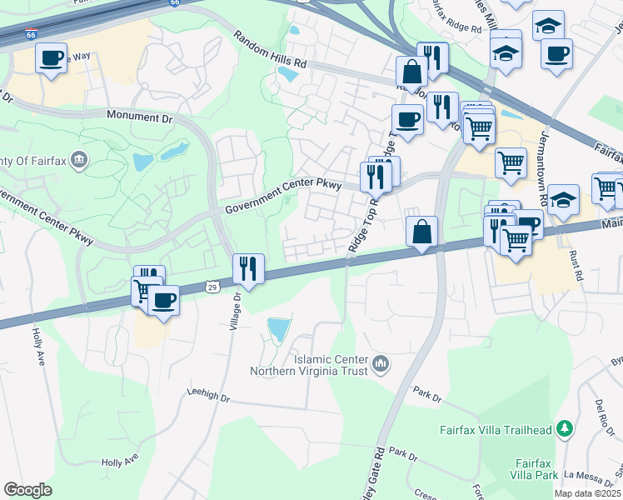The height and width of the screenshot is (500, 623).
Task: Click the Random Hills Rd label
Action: point(271,51)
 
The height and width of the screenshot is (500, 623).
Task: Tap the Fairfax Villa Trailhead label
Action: point(496,430)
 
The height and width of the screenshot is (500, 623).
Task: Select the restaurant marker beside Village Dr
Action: point(248,267)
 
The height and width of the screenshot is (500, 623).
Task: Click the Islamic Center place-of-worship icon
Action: point(381,363)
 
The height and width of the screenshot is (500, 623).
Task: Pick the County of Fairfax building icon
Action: point(79,159)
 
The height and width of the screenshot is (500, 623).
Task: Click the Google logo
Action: point(27,490)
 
